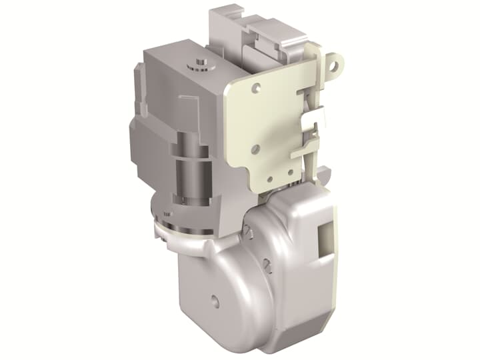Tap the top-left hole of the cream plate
(257, 86)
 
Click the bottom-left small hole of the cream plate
(255, 148)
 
